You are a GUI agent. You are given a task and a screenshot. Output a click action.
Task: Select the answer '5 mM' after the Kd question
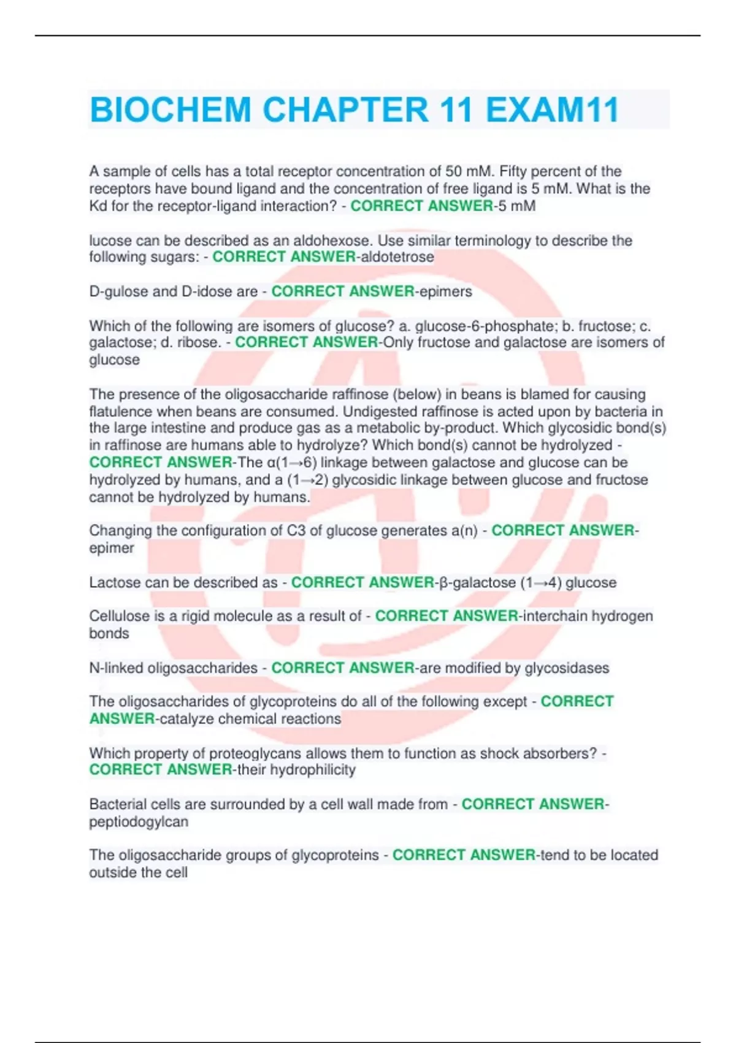tap(516, 206)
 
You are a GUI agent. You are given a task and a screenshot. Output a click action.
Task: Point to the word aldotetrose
tap(397, 257)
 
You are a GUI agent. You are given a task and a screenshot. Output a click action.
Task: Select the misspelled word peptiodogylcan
tap(139, 822)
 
